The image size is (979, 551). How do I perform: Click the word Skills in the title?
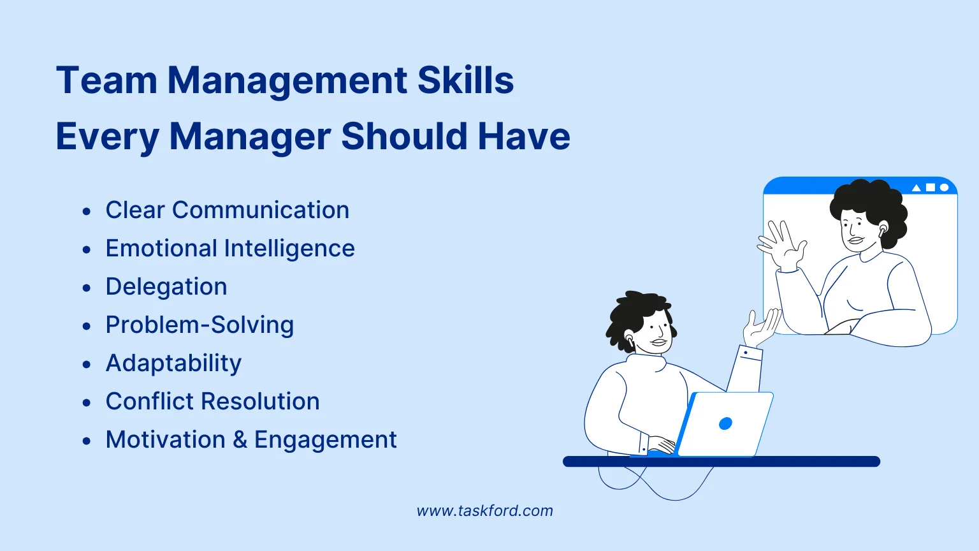(465, 81)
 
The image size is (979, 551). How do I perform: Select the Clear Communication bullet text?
(227, 210)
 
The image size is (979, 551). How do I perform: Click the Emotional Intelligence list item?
(229, 249)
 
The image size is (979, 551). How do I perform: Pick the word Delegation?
(166, 287)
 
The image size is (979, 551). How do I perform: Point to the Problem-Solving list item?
(199, 325)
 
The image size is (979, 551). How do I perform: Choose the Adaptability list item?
(173, 364)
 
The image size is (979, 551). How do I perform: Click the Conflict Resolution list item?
(212, 402)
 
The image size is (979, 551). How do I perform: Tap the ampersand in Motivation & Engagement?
(240, 440)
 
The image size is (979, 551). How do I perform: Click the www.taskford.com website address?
(484, 511)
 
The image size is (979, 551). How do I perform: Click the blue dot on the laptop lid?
(725, 423)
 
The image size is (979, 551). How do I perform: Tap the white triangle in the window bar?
(917, 187)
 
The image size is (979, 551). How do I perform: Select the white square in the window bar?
(931, 187)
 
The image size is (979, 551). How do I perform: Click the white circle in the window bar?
(945, 187)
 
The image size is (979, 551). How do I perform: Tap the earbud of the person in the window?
(883, 228)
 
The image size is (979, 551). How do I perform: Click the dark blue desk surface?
(721, 462)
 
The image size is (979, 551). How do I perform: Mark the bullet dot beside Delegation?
(87, 288)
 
